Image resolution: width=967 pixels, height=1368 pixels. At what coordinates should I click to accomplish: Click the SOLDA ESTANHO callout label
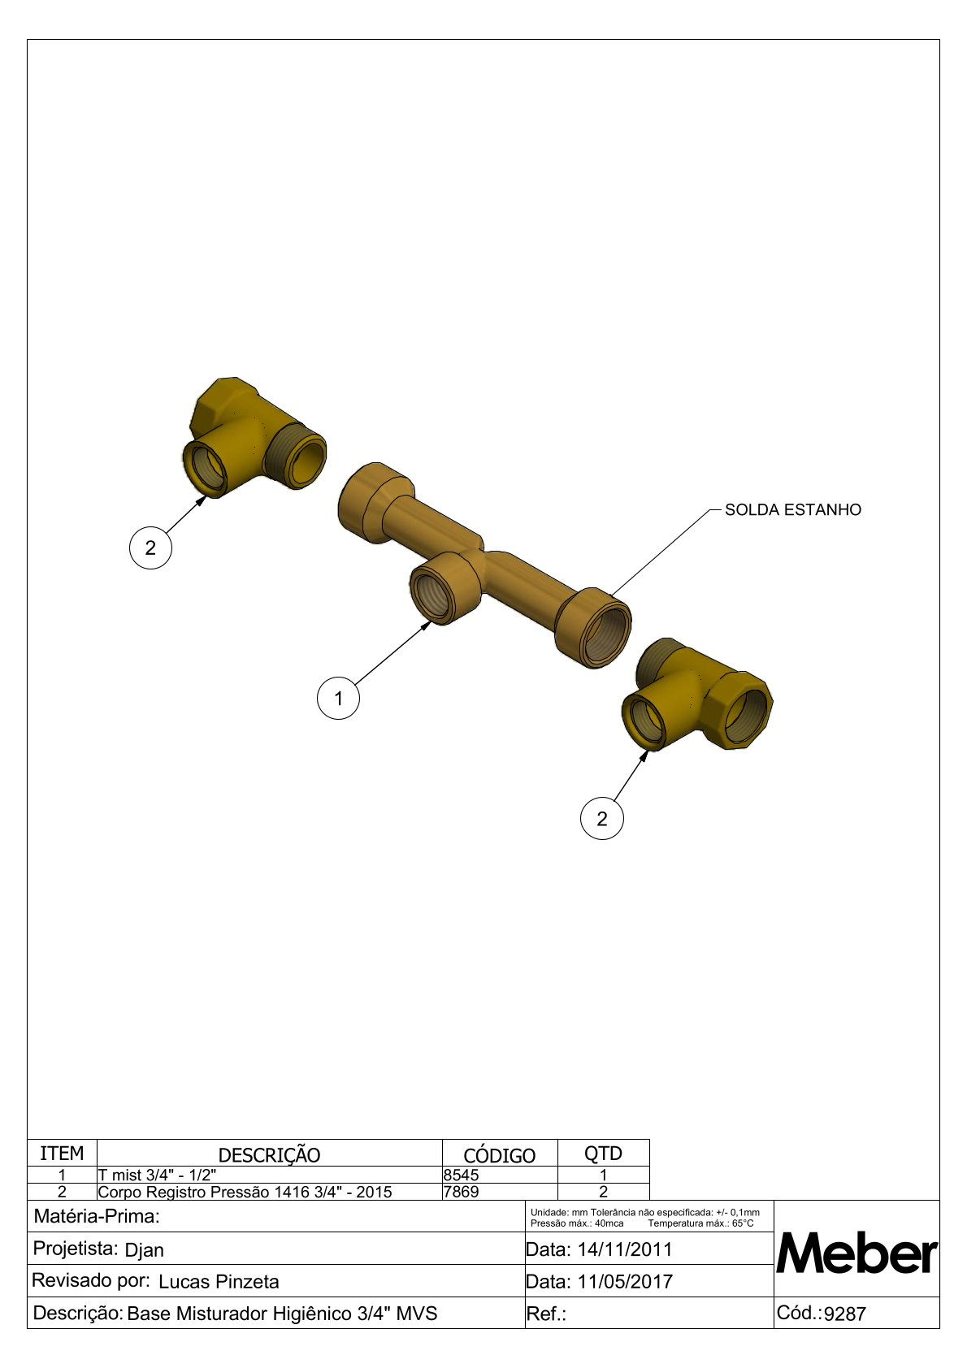click(x=792, y=510)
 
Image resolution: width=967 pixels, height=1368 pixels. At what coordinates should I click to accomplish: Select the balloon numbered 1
click(x=338, y=698)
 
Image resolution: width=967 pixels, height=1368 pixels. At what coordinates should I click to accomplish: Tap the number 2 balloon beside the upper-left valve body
click(x=150, y=548)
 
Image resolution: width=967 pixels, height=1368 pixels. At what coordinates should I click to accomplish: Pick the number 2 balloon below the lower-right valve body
click(x=601, y=818)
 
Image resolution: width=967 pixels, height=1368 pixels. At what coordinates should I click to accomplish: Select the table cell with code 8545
click(x=500, y=1175)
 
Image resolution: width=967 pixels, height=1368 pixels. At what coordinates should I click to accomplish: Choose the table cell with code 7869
click(x=500, y=1192)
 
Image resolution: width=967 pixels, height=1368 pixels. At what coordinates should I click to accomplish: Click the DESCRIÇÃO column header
click(x=270, y=1155)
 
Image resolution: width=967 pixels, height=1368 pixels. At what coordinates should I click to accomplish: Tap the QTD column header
click(x=603, y=1154)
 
